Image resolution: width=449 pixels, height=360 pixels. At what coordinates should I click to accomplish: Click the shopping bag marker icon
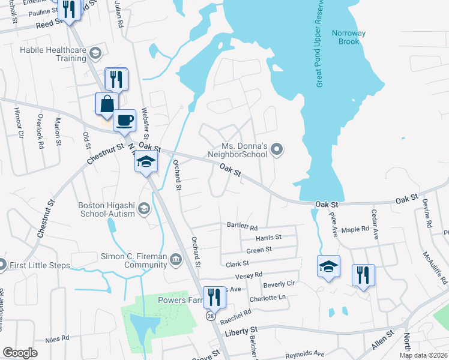[106, 103]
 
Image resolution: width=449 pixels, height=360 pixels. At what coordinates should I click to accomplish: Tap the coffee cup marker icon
[125, 120]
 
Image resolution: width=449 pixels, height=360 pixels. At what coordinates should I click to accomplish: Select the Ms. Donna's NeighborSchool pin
[277, 149]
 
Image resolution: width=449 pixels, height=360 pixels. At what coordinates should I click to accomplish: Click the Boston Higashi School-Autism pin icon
[143, 209]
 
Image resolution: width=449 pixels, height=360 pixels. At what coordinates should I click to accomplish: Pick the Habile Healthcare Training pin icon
[95, 55]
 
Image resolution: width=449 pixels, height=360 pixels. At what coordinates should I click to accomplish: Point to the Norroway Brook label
[349, 37]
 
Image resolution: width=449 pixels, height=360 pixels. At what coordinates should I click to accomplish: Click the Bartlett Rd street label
[242, 227]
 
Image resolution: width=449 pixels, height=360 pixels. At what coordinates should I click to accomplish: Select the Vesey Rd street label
[250, 275]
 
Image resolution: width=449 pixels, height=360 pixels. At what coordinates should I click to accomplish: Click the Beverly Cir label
[279, 284]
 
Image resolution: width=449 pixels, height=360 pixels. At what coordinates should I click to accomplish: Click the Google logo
[20, 353]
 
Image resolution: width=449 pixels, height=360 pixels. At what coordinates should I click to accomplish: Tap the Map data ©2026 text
[423, 355]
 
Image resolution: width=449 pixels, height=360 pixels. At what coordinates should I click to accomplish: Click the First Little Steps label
[40, 265]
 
